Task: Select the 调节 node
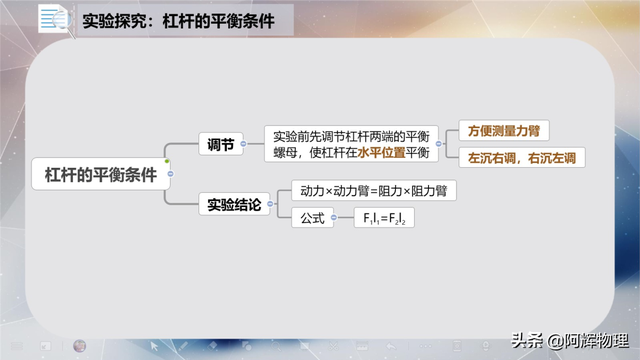[220, 145]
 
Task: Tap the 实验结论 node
[234, 205]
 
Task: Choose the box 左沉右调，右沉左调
[521, 158]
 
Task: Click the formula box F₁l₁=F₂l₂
[384, 218]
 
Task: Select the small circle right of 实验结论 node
[278, 205]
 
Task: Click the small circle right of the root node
[172, 175]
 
